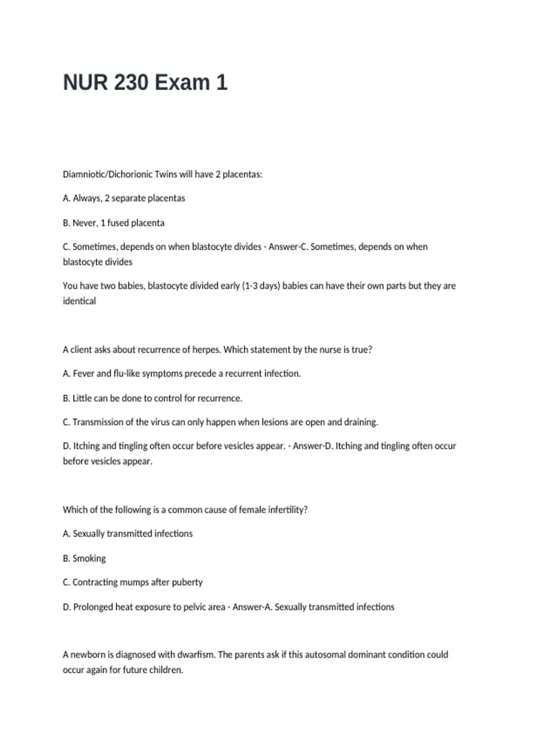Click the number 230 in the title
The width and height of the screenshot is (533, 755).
(x=131, y=83)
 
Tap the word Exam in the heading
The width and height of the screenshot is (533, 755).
(x=182, y=83)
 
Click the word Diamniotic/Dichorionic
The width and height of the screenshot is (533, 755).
(x=107, y=174)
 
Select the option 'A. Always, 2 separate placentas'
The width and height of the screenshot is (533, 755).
(x=124, y=198)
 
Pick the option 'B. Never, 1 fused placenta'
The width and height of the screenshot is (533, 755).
(x=114, y=223)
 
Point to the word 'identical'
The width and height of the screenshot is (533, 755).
(x=79, y=301)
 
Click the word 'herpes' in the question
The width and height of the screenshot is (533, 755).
(x=206, y=350)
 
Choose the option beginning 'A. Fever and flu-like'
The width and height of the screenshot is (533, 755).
(x=182, y=374)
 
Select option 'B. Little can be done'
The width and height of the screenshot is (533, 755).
(x=152, y=398)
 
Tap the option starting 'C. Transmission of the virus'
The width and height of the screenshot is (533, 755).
(x=220, y=422)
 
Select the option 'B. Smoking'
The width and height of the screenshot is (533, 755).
(x=84, y=558)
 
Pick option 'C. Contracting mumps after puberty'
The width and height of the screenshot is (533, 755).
(x=132, y=582)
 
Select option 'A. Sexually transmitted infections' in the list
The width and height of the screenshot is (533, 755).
(x=127, y=533)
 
